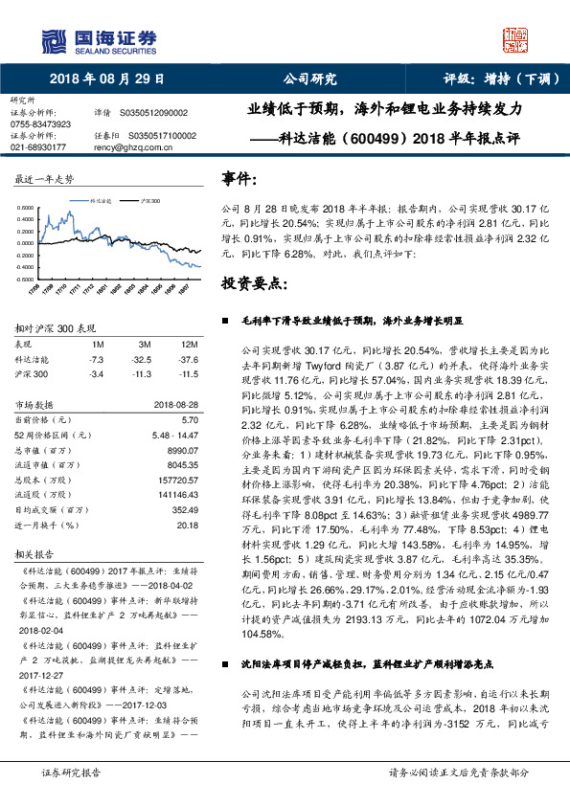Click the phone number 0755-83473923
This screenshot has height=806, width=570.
pyautogui.click(x=40, y=124)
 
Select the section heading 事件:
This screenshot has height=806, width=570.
pyautogui.click(x=239, y=179)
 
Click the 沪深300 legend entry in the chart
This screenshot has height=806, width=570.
pyautogui.click(x=149, y=203)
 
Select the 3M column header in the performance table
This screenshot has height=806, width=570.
pyautogui.click(x=143, y=343)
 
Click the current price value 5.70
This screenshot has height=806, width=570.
pyautogui.click(x=189, y=419)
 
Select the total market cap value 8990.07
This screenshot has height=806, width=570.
pyautogui.click(x=182, y=448)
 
